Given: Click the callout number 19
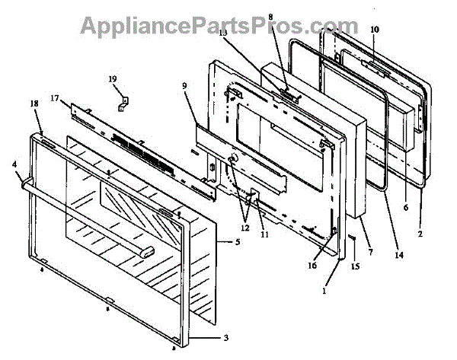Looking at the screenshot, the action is pos(113,79).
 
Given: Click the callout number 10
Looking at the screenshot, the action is pos(374,30).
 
